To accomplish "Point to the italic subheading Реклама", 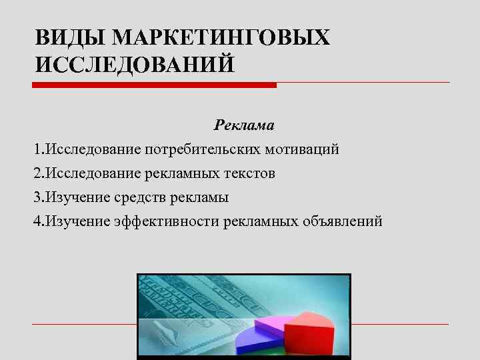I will (x=244, y=125).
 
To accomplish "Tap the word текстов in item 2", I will (x=250, y=173).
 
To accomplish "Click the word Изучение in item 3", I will (x=73, y=197).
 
